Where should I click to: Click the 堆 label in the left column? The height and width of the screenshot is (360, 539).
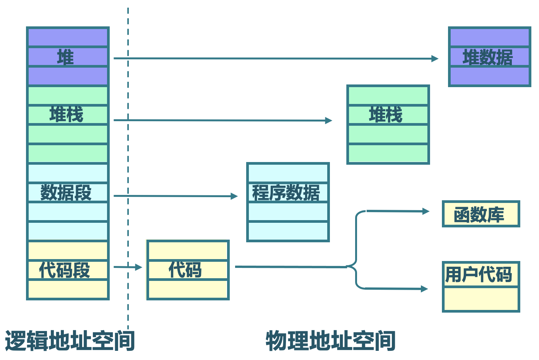click(x=65, y=57)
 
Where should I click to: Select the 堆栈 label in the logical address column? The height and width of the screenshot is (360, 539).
click(x=66, y=115)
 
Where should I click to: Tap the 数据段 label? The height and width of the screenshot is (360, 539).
click(x=66, y=192)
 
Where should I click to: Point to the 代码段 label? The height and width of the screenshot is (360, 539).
click(x=65, y=270)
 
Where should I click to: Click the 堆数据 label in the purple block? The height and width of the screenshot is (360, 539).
click(x=488, y=57)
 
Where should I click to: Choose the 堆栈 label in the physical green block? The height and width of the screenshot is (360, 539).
click(x=386, y=115)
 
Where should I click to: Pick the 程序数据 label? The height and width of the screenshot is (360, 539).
click(x=286, y=193)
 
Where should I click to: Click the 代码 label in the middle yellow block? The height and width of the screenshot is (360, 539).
click(x=185, y=270)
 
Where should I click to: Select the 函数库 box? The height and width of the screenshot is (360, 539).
click(x=480, y=214)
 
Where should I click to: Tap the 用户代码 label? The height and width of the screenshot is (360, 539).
click(x=479, y=274)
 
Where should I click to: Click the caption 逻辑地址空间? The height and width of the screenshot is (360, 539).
click(x=70, y=341)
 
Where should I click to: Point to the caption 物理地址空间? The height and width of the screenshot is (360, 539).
click(x=331, y=341)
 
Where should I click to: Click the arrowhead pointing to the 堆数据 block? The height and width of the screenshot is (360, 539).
click(x=435, y=58)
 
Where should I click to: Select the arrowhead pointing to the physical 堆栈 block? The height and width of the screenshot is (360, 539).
click(x=329, y=120)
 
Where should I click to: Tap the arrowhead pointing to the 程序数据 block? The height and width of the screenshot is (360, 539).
click(x=234, y=196)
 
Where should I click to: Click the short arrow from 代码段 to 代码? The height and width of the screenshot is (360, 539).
click(x=128, y=267)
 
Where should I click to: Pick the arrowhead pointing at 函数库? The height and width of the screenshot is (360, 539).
click(x=425, y=211)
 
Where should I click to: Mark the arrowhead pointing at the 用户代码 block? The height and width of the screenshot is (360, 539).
click(x=424, y=289)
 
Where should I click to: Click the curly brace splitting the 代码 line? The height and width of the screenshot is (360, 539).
click(x=356, y=250)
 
